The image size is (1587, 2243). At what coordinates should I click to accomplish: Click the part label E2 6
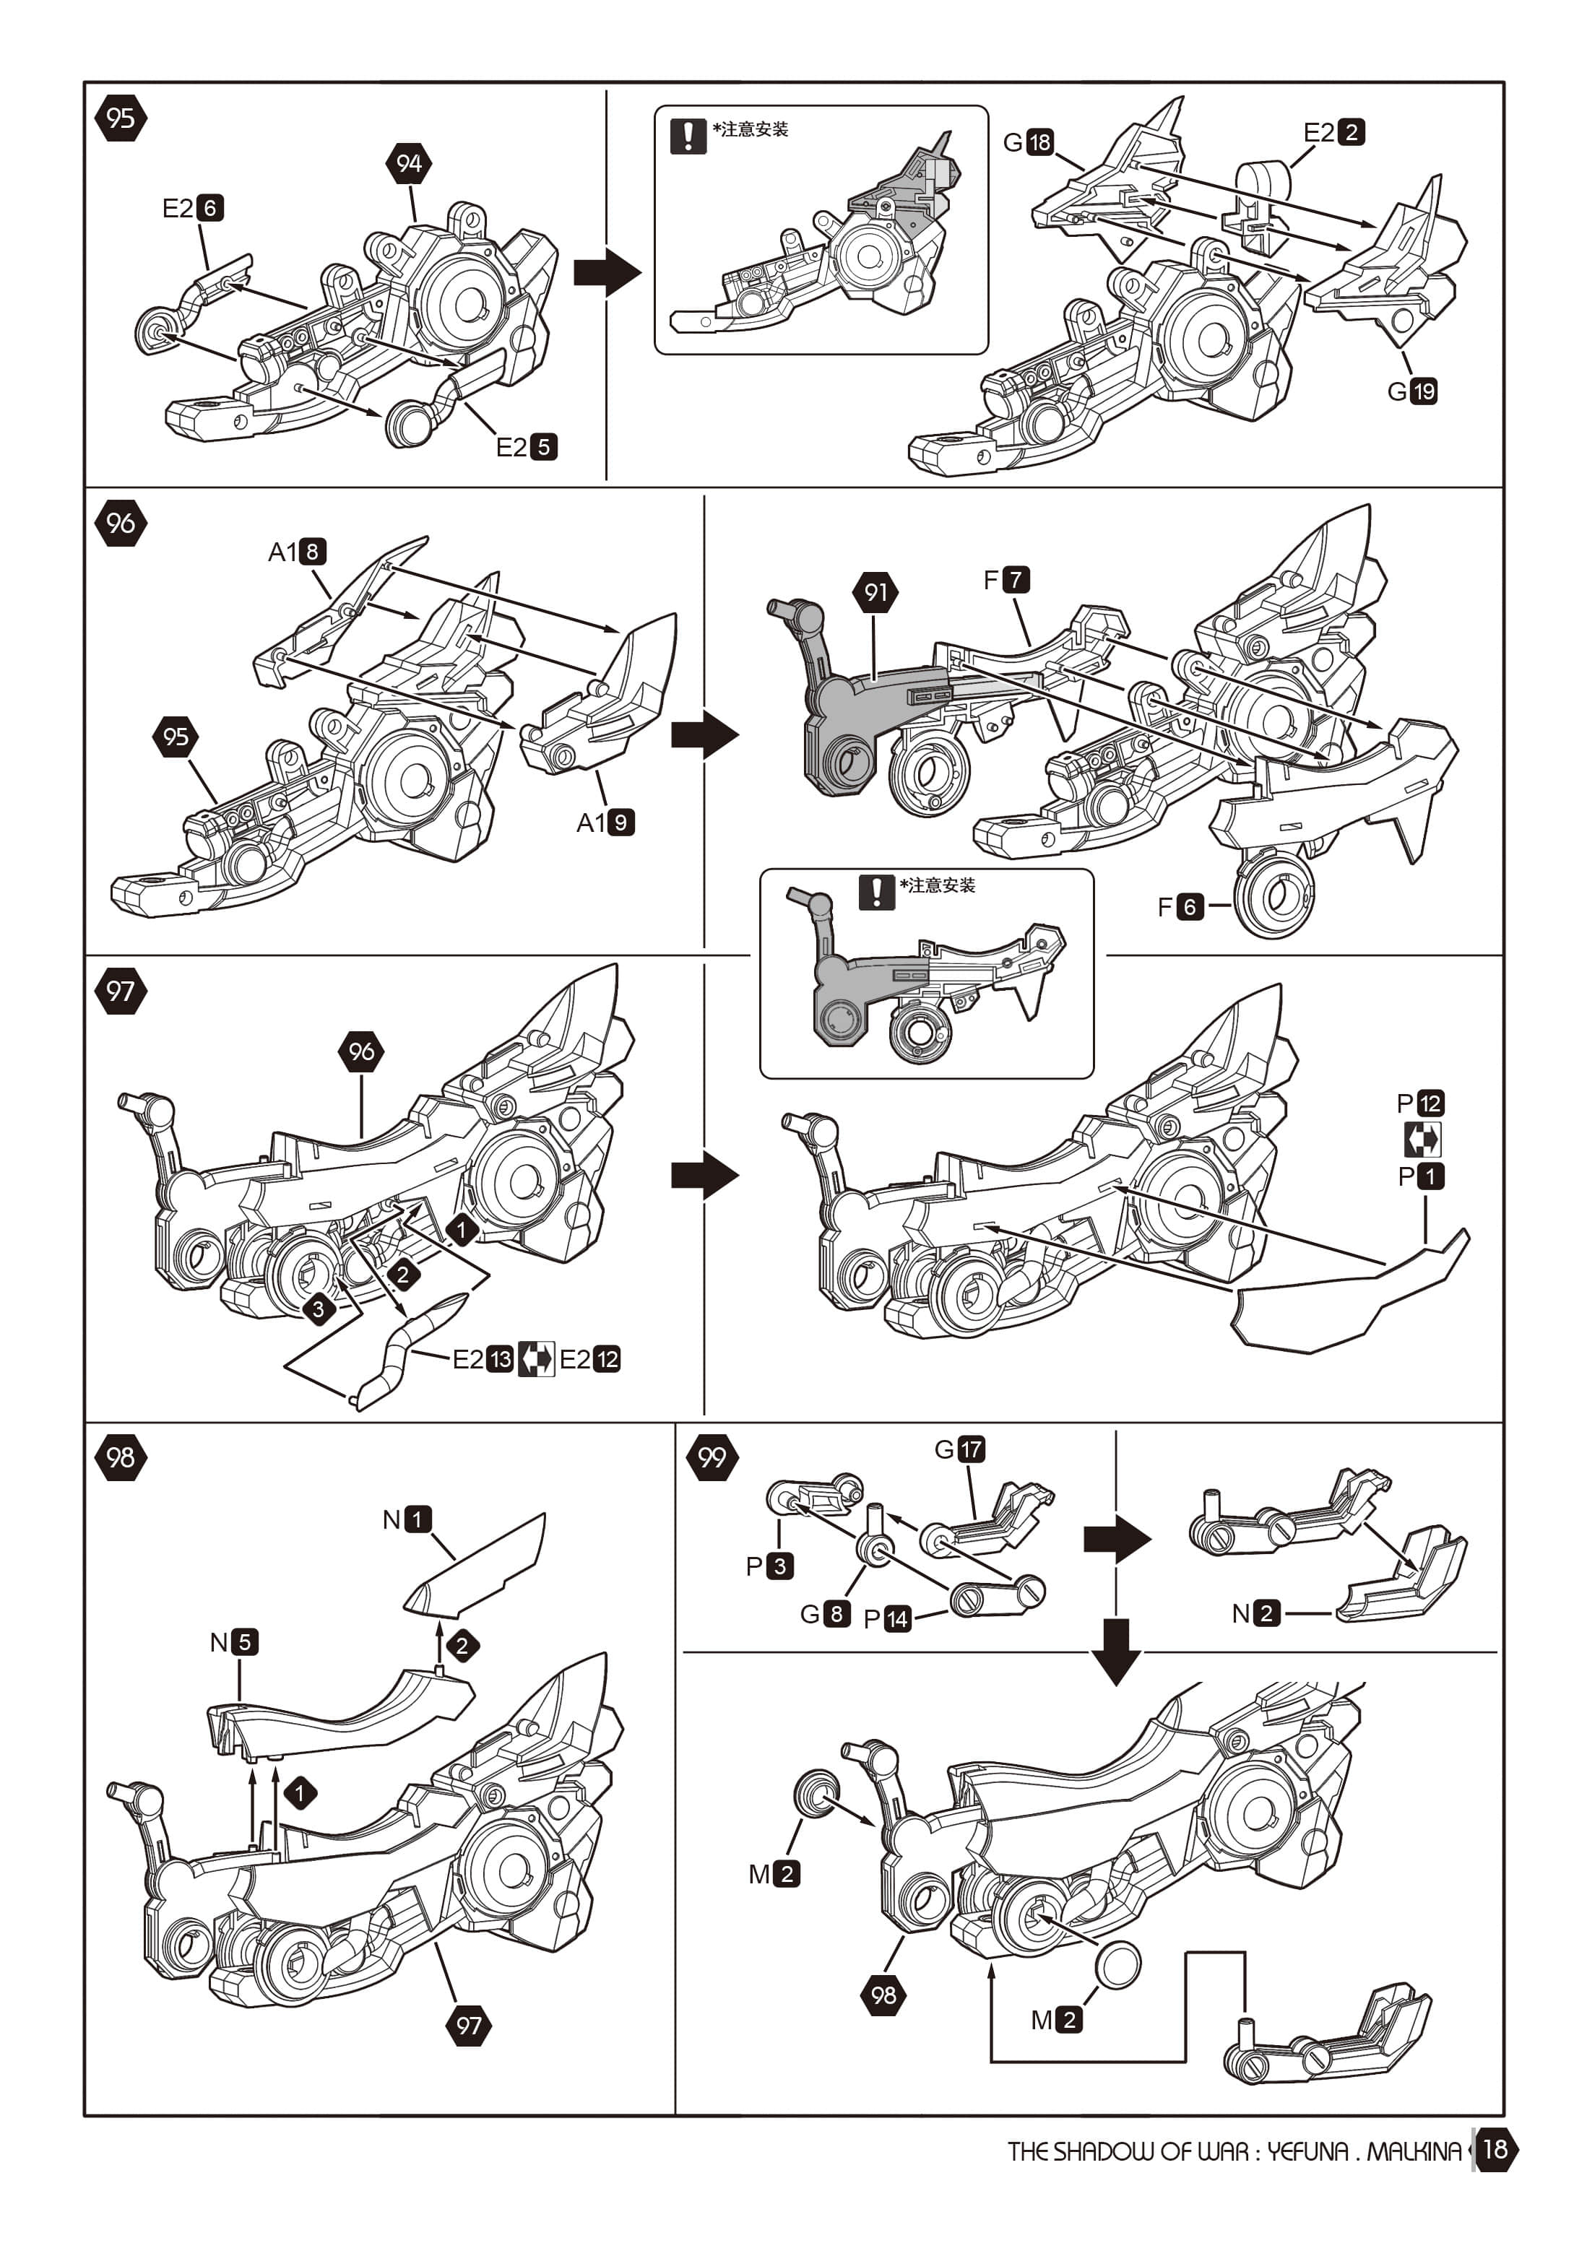click(193, 208)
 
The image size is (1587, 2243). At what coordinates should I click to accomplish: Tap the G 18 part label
click(1028, 143)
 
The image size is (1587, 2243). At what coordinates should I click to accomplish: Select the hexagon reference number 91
click(875, 592)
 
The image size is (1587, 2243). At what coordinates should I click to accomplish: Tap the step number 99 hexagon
click(712, 1457)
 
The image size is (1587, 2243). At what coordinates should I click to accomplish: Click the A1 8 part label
click(297, 552)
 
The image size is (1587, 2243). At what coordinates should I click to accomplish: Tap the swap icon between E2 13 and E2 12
click(535, 1359)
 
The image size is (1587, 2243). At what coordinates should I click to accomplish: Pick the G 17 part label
click(959, 1449)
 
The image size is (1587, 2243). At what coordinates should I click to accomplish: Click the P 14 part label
click(887, 1619)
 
